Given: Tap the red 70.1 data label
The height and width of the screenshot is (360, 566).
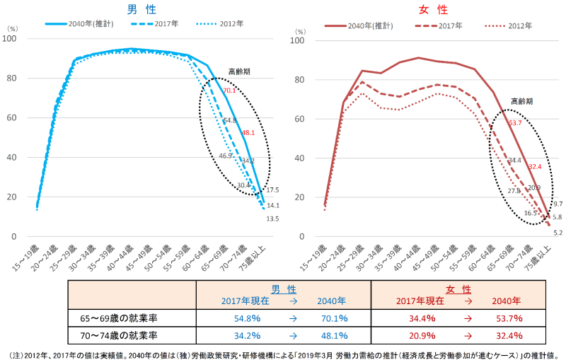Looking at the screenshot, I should [x=229, y=91].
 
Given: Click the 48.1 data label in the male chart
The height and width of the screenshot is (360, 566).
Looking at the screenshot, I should [x=248, y=132].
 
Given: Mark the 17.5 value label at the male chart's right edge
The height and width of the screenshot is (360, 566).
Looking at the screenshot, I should [x=271, y=190].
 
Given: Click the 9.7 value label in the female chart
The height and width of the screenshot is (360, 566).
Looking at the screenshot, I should [x=556, y=204].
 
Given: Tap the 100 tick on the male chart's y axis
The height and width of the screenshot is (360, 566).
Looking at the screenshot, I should [x=13, y=40].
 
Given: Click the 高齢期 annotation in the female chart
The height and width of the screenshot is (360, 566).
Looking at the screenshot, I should [x=521, y=101].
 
